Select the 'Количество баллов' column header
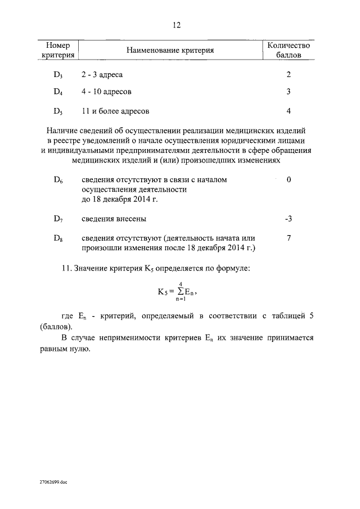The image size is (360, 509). click(287, 51)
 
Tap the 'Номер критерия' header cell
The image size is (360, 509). click(58, 51)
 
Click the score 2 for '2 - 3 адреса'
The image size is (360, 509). click(288, 75)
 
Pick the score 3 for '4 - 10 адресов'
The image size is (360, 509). click(288, 92)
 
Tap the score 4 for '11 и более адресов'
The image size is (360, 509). click(288, 111)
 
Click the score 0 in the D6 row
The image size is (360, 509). click(288, 179)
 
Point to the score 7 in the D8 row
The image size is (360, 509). click(288, 238)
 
